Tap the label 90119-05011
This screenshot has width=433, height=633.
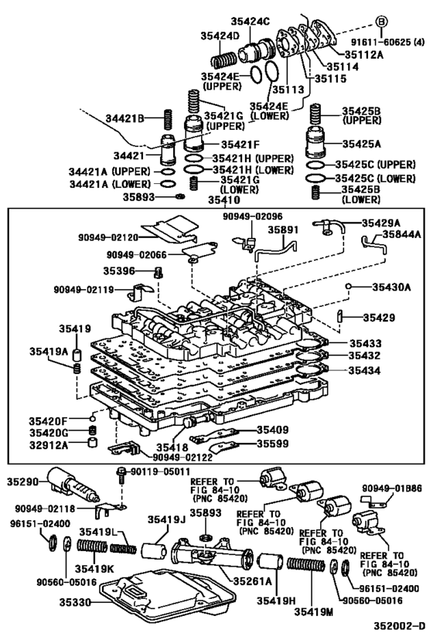click(160, 470)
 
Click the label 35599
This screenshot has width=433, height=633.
click(274, 444)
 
